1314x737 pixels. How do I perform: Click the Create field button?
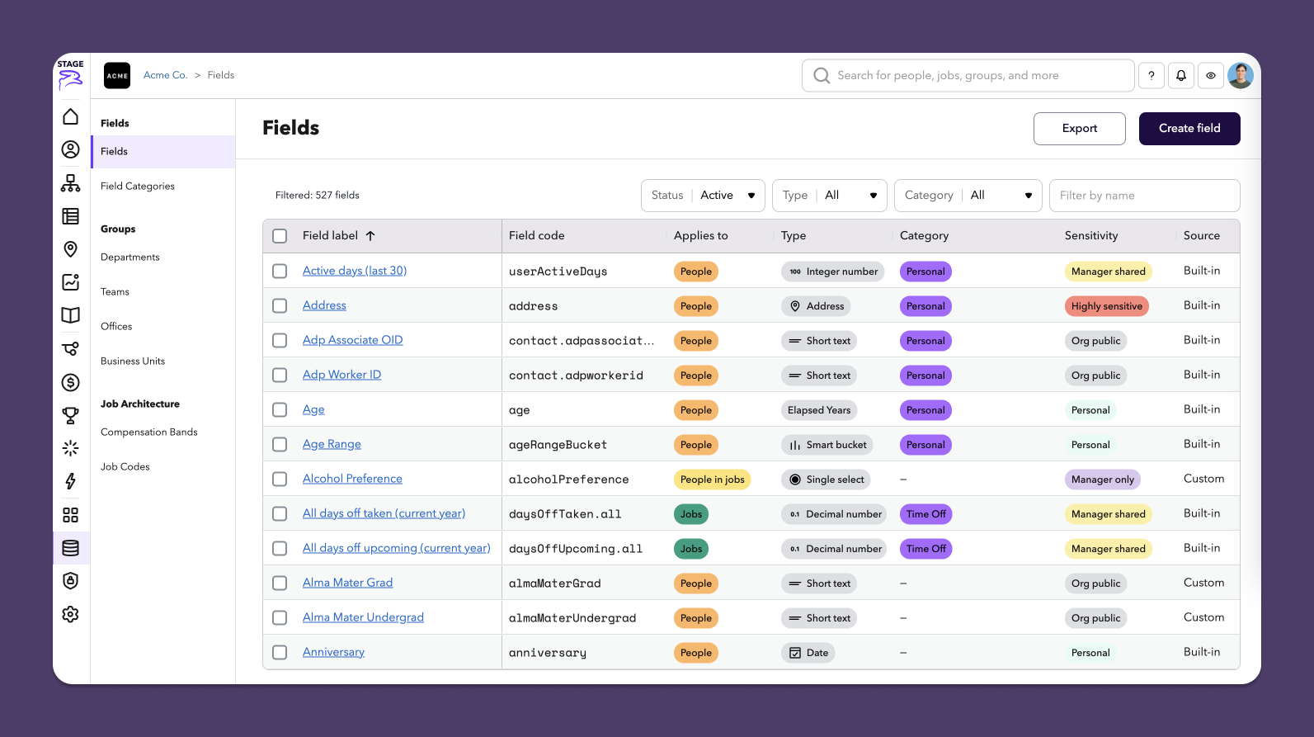1189,129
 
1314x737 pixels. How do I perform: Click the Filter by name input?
1144,196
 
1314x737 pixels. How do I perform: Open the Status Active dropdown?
703,196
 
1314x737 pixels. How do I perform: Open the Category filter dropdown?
968,196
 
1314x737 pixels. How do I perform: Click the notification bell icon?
1181,76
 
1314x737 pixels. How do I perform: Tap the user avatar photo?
1240,76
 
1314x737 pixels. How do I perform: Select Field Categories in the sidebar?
138,187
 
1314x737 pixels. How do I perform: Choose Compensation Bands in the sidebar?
149,432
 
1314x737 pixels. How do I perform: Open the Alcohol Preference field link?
352,479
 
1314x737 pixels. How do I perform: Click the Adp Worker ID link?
341,375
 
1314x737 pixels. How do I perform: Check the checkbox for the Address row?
280,306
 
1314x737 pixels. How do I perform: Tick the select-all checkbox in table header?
280,236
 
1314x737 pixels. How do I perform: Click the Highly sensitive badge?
1106,306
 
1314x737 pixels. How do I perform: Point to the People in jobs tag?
712,480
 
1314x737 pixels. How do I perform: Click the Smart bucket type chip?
828,445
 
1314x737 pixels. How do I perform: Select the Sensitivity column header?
1090,236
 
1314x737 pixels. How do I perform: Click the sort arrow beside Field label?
370,236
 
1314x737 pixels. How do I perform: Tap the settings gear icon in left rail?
71,614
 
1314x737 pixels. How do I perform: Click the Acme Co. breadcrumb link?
165,75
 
